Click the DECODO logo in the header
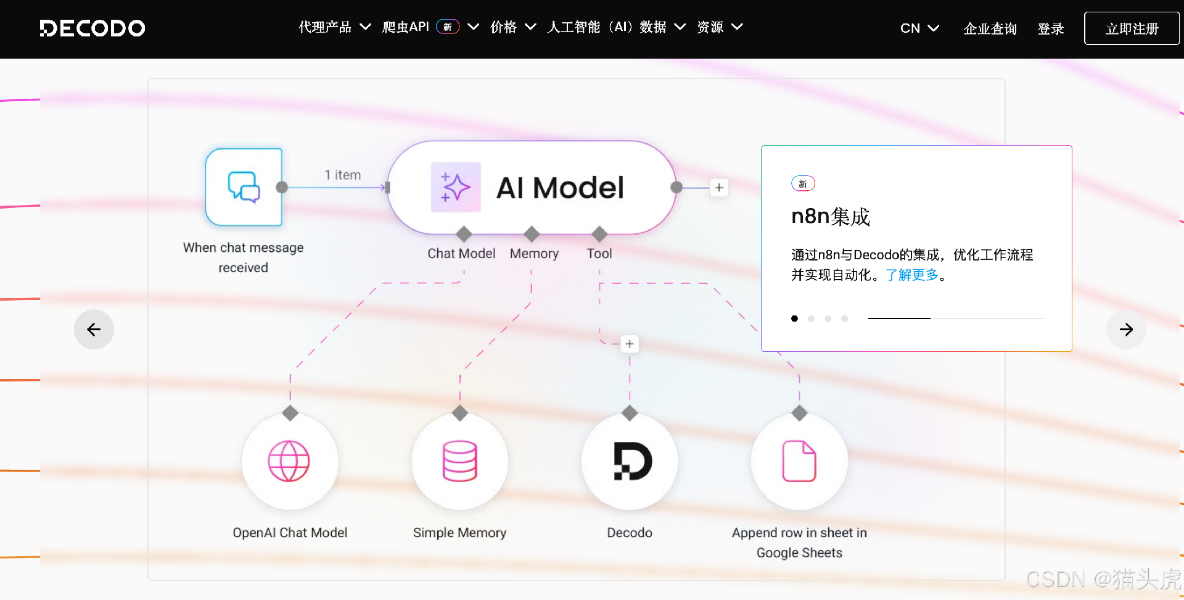[92, 28]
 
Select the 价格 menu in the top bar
[512, 27]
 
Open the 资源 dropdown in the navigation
[719, 27]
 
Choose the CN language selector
[919, 28]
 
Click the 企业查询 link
[990, 29]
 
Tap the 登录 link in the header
[1050, 29]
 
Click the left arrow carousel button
[94, 330]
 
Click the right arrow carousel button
[1126, 330]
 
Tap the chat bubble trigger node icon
[244, 187]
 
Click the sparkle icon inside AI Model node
[456, 187]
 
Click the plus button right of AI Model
[719, 188]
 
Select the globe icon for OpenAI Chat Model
[289, 461]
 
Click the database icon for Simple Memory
[459, 461]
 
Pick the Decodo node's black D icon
[630, 461]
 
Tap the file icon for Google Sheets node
[799, 461]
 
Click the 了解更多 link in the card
[911, 275]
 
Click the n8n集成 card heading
[830, 217]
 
